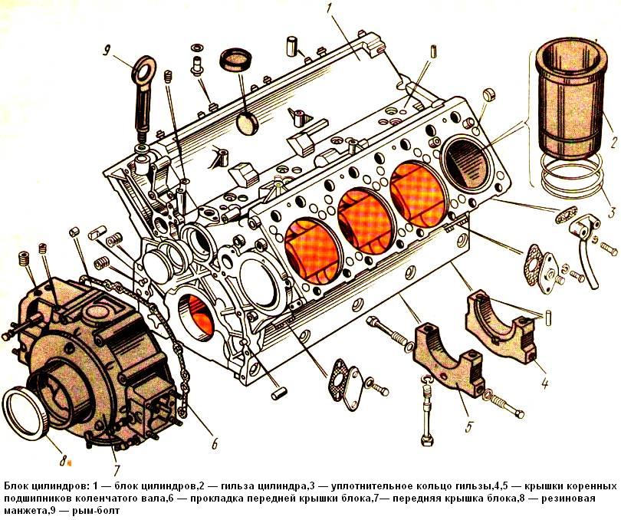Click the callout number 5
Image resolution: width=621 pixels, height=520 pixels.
468,423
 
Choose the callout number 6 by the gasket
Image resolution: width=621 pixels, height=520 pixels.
214,443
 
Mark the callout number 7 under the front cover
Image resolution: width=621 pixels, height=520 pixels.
117,469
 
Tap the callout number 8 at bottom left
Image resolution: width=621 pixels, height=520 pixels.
64,461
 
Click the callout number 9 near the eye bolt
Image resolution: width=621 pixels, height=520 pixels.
109,52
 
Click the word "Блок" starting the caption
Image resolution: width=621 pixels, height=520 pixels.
18,486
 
